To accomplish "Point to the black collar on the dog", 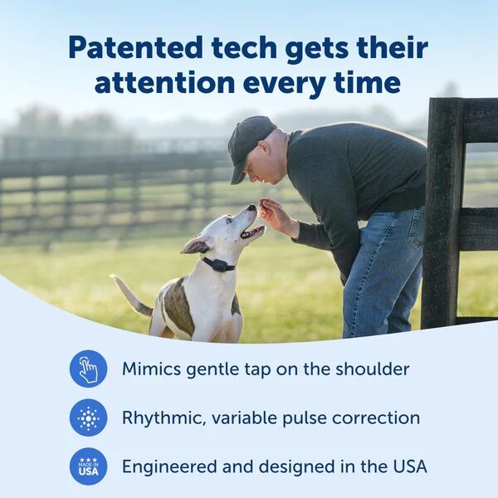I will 218,265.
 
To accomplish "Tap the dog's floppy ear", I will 196,245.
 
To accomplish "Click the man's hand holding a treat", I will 273,213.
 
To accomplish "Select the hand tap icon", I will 88,369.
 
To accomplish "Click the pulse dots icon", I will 88,417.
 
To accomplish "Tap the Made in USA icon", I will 88,466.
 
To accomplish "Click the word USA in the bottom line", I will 407,466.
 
